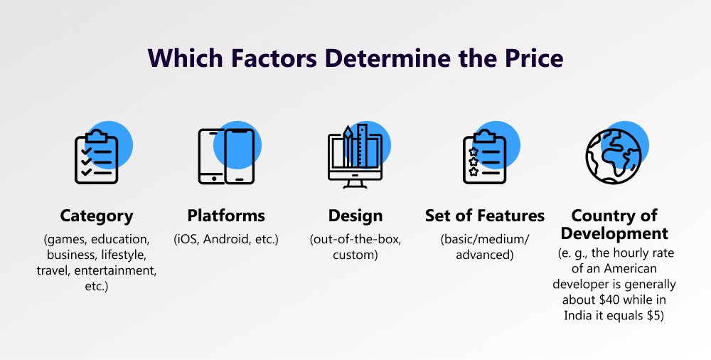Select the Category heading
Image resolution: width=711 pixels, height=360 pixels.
point(97,216)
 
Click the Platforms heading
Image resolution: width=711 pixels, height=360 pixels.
point(226,216)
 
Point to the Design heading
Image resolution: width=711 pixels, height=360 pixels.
point(355,216)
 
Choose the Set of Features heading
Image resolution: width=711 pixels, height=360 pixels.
point(485,216)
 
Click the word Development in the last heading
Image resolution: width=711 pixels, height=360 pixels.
point(614,233)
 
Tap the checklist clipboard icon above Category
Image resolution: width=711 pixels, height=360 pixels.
point(97,157)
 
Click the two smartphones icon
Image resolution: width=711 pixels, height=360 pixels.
point(226,157)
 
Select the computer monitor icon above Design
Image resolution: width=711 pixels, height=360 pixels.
point(355,157)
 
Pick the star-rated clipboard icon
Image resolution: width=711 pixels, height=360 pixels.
point(485,157)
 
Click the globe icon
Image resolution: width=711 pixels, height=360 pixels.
point(614,157)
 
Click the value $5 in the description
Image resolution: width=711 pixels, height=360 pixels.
point(656,315)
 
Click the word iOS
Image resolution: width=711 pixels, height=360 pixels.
point(187,239)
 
